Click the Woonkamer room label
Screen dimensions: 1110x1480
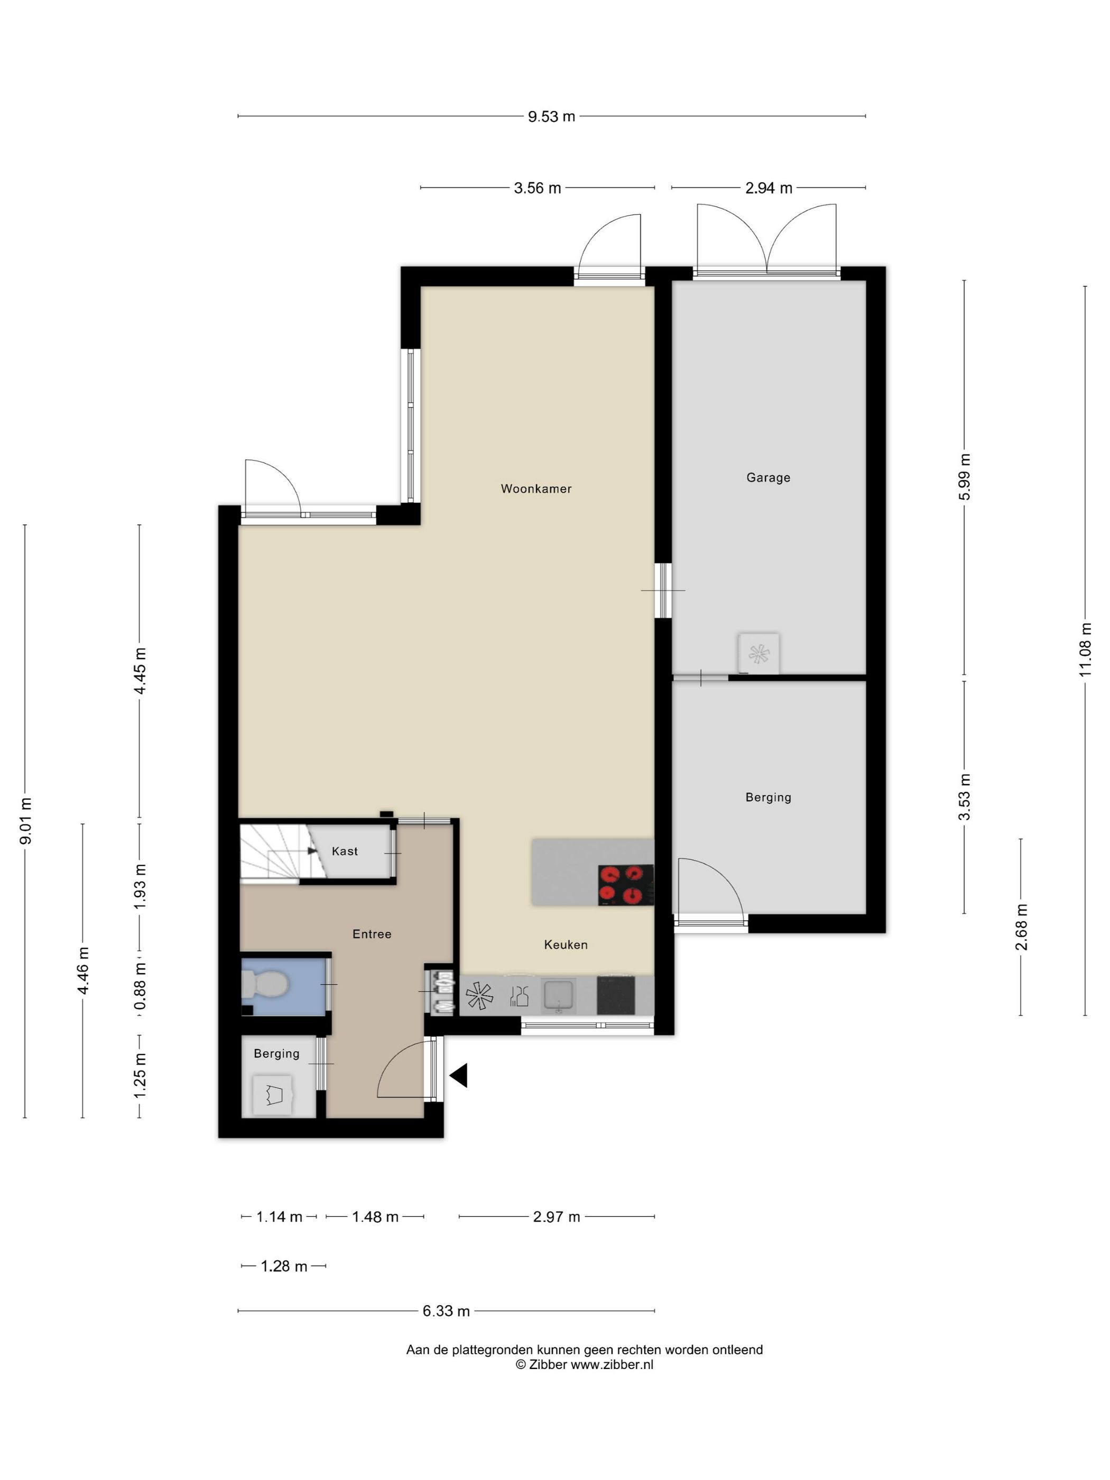pyautogui.click(x=536, y=489)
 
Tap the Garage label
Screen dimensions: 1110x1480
pyautogui.click(x=768, y=478)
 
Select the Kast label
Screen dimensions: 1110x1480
pyautogui.click(x=345, y=851)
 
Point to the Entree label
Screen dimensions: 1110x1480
pyautogui.click(x=372, y=934)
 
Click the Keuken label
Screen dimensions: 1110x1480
pyautogui.click(x=566, y=945)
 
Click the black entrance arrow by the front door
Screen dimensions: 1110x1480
pyautogui.click(x=458, y=1075)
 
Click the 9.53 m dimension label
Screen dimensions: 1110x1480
pyautogui.click(x=551, y=116)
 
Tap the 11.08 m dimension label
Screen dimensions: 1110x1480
pyautogui.click(x=1085, y=649)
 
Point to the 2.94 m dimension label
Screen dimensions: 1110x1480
pyautogui.click(x=769, y=188)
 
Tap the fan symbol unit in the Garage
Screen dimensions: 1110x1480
pyautogui.click(x=758, y=654)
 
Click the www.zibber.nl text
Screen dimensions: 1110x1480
pyautogui.click(x=612, y=1365)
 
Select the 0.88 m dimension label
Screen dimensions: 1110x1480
pyautogui.click(x=140, y=986)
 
